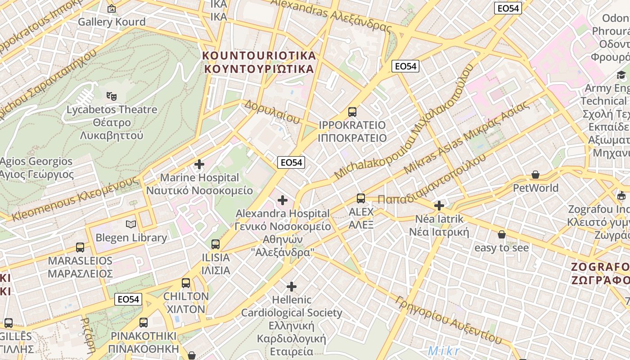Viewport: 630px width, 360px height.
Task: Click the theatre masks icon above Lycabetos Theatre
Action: pyautogui.click(x=111, y=96)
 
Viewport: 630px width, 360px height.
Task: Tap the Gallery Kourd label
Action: pyautogui.click(x=112, y=22)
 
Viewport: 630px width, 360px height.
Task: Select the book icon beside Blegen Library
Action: pyautogui.click(x=131, y=224)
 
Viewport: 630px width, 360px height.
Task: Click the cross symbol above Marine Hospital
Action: pyautogui.click(x=199, y=164)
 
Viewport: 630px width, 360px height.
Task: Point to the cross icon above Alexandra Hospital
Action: pyautogui.click(x=283, y=200)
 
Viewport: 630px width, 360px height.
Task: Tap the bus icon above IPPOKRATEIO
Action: pyautogui.click(x=352, y=112)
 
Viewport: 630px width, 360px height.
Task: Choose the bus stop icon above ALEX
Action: pyautogui.click(x=361, y=198)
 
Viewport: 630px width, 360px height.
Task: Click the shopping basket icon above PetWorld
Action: pyautogui.click(x=535, y=174)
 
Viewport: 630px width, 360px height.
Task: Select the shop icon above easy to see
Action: pyautogui.click(x=502, y=234)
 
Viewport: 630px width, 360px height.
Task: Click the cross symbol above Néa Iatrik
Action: pyautogui.click(x=439, y=206)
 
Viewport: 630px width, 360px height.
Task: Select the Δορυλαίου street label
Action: pyautogui.click(x=272, y=112)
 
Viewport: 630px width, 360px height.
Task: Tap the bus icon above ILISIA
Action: pyautogui.click(x=216, y=244)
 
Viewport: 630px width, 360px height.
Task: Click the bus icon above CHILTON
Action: pyautogui.click(x=186, y=283)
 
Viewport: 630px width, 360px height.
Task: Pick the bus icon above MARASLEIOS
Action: pyautogui.click(x=80, y=247)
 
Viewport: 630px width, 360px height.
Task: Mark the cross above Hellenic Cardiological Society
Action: pyautogui.click(x=292, y=286)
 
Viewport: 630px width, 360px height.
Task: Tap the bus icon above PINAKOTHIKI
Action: pyautogui.click(x=144, y=322)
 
